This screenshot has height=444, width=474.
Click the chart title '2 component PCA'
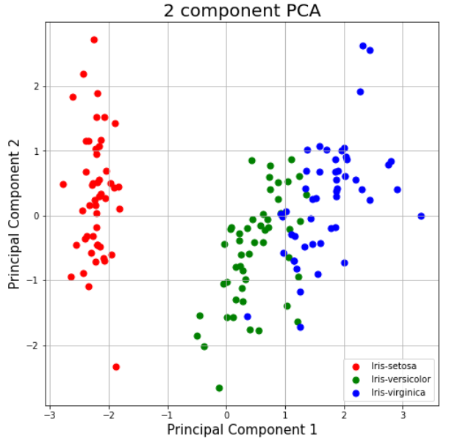coord(242,10)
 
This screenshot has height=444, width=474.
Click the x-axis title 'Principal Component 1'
coord(242,430)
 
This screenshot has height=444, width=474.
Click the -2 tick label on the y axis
coord(33,346)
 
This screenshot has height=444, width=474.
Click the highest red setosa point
coord(94,40)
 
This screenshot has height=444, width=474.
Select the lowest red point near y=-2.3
coord(116,367)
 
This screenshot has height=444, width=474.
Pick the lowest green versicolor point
coord(219,387)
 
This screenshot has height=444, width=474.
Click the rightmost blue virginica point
coord(421,216)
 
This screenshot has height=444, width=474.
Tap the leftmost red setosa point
coord(63,184)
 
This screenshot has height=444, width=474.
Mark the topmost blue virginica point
coord(363,46)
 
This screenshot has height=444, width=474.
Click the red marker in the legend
coord(357,365)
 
